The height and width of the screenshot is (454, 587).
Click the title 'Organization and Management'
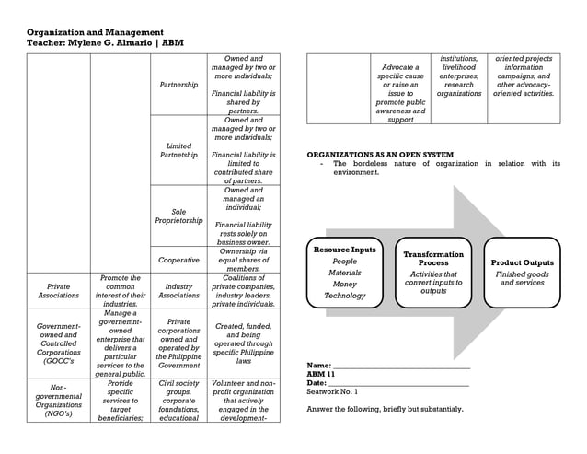95,32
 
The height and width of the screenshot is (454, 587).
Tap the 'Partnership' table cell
178,85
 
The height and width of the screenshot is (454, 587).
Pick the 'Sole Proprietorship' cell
178,216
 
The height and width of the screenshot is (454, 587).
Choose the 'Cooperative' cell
178,260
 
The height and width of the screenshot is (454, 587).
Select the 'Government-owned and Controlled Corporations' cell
58,343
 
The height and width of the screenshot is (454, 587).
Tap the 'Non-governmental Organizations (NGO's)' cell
58,401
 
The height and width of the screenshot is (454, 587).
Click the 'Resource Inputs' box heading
344,250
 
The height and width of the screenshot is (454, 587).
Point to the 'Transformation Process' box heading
433,258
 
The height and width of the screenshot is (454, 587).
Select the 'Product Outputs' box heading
523,262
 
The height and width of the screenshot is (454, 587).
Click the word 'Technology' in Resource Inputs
344,296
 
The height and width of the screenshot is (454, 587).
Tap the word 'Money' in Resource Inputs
344,285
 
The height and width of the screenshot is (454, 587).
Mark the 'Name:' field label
319,366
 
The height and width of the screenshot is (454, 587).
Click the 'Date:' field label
318,383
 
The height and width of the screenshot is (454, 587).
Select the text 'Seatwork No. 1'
332,392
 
